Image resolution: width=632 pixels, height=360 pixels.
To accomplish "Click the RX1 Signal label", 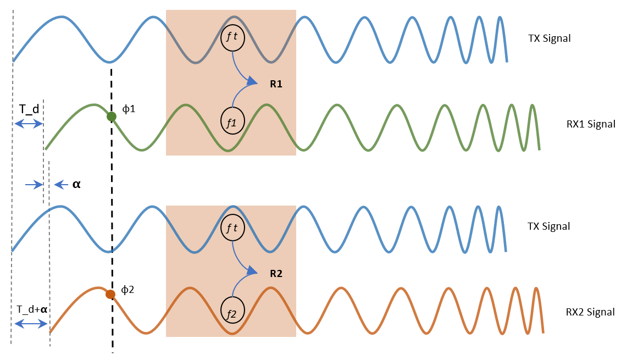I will point(591,124).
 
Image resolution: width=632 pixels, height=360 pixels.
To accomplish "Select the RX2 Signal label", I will point(590,312).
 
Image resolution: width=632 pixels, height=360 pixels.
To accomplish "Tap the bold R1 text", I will point(275,85).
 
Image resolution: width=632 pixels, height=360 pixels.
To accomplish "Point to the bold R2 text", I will point(275,273).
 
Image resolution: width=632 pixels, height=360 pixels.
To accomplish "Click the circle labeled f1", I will point(231,120).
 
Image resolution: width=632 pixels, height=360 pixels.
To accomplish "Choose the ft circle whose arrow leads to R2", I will point(232,226).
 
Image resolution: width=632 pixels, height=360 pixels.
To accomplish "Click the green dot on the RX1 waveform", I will point(111,117).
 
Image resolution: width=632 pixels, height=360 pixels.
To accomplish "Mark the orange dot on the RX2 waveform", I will point(110,294).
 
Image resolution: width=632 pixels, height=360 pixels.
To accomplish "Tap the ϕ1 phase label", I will point(129,109).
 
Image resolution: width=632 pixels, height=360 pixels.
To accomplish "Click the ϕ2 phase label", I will point(128,289).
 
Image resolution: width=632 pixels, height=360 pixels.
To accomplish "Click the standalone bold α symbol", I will point(76,185).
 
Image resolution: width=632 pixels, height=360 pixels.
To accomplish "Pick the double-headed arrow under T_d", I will point(29,124).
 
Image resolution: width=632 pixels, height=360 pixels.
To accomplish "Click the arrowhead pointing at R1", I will point(252,82).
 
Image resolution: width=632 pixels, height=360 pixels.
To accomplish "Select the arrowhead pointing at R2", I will point(252,270).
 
